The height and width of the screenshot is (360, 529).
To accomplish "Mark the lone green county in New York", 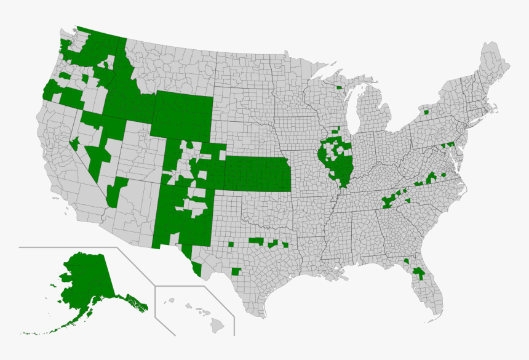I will click(x=426, y=113).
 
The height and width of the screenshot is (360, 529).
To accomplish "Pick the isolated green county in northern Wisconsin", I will click(x=339, y=87).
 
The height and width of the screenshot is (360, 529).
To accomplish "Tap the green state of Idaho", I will click(x=123, y=92).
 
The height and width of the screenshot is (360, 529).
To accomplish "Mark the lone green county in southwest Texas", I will click(x=236, y=271).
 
